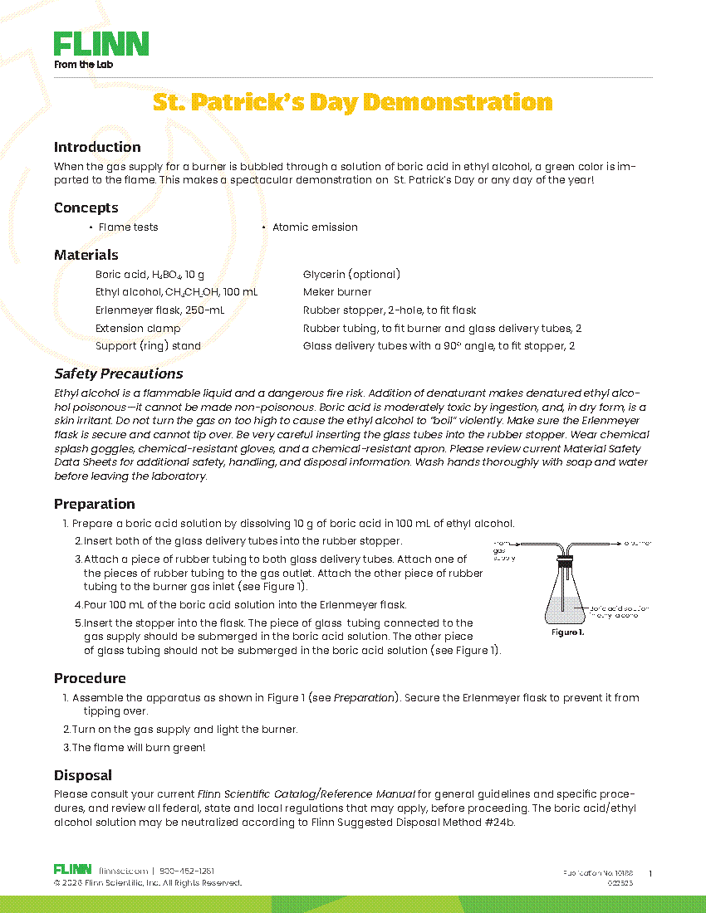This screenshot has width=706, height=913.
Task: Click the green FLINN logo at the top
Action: tap(101, 44)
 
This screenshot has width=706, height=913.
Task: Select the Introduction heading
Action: tap(97, 147)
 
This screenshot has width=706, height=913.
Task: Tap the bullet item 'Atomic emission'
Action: tap(315, 227)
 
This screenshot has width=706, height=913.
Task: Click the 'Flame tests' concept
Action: tap(128, 227)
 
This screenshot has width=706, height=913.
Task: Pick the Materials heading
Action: tap(86, 255)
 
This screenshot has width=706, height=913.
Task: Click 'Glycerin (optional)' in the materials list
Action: tap(351, 274)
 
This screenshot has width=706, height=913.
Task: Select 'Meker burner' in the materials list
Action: tap(337, 292)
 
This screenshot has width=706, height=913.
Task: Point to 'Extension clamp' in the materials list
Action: tap(138, 328)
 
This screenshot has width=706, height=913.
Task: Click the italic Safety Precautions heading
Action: tap(119, 373)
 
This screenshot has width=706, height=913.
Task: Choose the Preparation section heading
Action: tap(95, 504)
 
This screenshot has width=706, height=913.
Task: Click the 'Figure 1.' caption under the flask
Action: tap(569, 632)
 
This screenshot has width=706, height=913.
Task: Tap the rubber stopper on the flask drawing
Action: tap(564, 563)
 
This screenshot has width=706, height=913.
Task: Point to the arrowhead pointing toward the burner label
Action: tap(619, 544)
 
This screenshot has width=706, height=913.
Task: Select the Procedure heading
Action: tap(90, 678)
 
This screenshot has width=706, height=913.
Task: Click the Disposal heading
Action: tap(83, 775)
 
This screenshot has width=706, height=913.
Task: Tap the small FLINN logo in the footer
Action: tap(72, 869)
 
